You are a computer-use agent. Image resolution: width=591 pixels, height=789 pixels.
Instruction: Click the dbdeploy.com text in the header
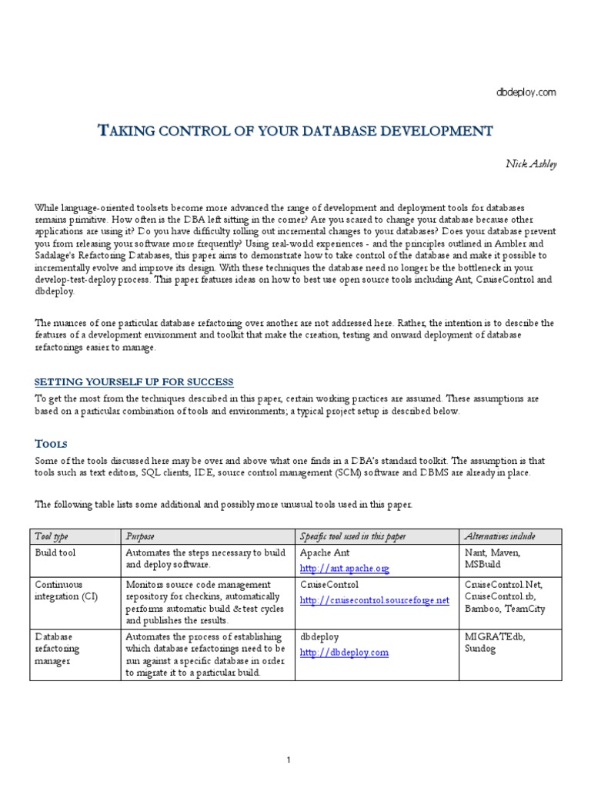526,92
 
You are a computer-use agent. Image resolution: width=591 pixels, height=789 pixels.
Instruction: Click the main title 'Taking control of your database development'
296,130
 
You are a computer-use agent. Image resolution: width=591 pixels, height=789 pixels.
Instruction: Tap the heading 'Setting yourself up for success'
135,382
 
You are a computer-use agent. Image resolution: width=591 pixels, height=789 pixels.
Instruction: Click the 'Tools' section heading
52,444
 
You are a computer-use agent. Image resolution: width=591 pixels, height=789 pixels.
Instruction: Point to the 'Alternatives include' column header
500,536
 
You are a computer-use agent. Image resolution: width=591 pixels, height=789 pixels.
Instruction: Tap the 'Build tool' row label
56,553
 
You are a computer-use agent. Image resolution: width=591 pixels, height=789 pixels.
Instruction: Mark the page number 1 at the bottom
289,739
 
